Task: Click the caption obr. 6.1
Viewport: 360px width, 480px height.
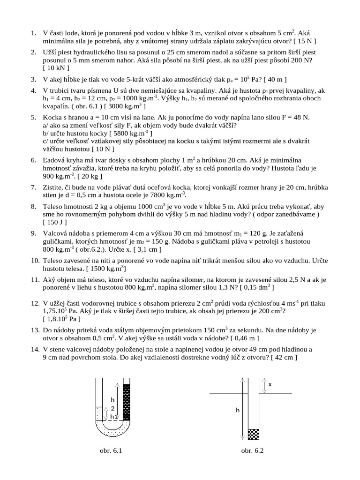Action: click(x=111, y=451)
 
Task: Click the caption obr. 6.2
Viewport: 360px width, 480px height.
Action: click(x=253, y=451)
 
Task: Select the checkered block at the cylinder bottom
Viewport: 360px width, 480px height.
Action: click(x=253, y=434)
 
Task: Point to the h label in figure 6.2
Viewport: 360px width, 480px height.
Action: click(x=238, y=410)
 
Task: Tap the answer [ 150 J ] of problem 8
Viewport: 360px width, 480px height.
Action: click(x=55, y=222)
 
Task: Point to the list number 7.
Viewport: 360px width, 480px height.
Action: click(x=33, y=187)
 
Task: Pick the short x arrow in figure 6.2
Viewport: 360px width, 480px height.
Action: click(x=264, y=384)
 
